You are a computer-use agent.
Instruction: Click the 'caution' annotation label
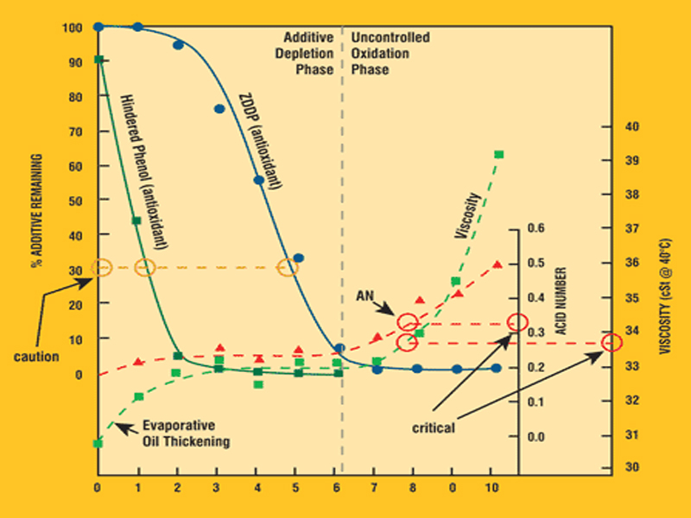35,357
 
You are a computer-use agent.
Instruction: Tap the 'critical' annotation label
434,427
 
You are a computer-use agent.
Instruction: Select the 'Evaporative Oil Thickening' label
186,434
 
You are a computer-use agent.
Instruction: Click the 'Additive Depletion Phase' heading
308,54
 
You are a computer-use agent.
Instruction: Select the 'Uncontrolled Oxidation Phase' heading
390,54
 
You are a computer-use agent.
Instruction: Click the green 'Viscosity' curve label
467,215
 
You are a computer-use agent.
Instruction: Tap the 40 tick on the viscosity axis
631,127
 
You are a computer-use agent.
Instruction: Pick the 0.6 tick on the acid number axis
536,229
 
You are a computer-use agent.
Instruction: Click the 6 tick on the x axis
335,486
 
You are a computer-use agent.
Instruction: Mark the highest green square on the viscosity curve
498,155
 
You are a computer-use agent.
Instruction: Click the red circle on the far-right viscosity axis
612,343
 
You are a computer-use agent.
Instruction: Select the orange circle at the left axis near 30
101,268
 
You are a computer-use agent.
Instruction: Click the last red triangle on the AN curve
497,264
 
